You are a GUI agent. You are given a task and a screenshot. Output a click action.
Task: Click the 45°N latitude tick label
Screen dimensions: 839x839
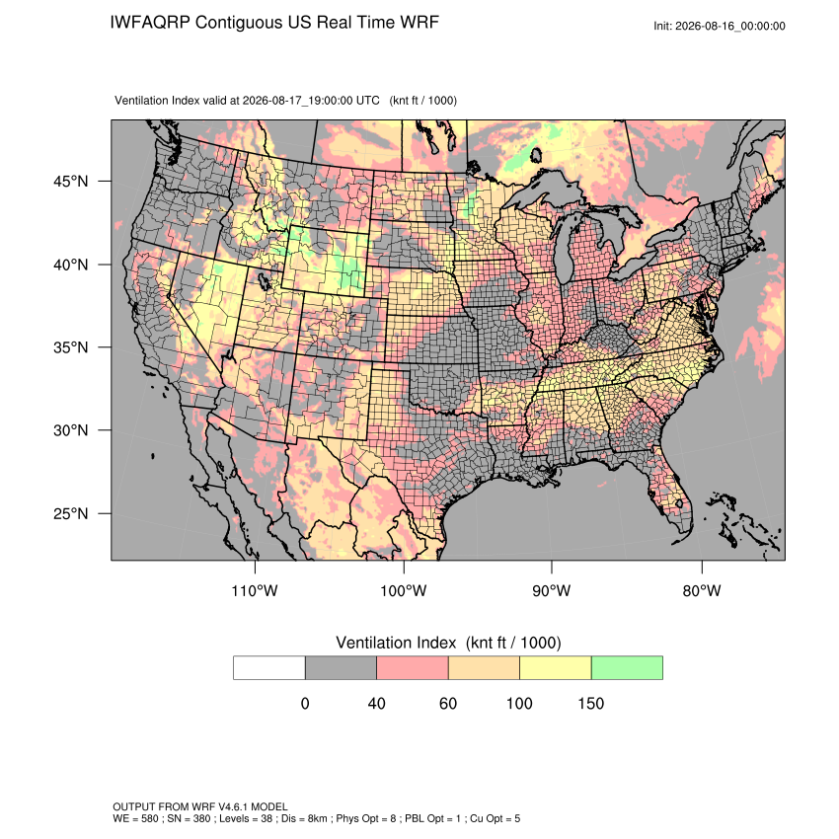(71, 182)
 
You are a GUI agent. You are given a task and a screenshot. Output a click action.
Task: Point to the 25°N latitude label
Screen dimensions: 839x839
(71, 513)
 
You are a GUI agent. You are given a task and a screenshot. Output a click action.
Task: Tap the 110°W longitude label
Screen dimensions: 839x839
(255, 590)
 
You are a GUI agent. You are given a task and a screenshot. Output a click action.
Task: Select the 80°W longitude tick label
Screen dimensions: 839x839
(702, 590)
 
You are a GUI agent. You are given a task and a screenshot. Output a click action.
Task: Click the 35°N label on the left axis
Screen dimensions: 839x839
(71, 347)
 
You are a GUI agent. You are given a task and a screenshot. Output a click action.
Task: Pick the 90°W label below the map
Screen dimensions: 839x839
(551, 590)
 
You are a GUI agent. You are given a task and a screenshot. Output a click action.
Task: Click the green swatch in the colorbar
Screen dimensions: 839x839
(627, 668)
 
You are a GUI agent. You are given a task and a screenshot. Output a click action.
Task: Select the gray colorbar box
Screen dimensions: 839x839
(341, 668)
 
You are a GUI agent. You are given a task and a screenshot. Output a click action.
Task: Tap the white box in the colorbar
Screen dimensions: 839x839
(269, 668)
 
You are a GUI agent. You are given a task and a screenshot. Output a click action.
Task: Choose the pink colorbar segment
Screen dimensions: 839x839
(413, 668)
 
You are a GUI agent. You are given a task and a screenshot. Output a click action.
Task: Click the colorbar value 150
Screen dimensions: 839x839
(590, 703)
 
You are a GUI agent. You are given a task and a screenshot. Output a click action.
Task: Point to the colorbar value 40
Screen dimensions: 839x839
(376, 703)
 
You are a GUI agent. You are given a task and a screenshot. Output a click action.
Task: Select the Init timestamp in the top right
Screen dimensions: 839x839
(720, 26)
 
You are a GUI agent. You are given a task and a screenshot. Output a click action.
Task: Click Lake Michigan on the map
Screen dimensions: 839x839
(563, 253)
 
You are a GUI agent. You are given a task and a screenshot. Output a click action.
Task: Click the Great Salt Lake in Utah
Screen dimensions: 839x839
(264, 279)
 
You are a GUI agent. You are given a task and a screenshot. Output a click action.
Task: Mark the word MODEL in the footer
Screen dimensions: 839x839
(269, 806)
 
